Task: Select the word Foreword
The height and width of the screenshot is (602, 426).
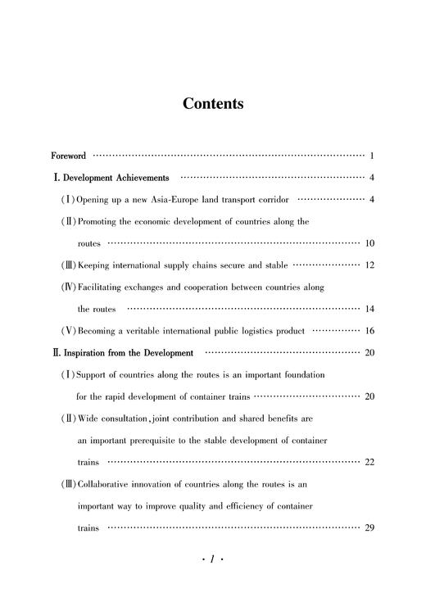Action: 68,155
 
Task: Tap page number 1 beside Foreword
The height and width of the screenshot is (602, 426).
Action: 372,155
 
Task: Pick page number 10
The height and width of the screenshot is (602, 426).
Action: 369,243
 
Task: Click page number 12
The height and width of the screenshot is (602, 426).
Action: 369,265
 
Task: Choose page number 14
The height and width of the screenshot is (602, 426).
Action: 369,310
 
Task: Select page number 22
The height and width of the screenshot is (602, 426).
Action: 369,463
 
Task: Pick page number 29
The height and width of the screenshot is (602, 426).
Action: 369,528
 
